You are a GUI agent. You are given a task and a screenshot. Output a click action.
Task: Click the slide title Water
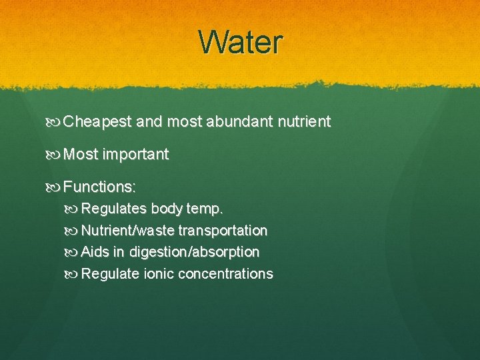[241, 42]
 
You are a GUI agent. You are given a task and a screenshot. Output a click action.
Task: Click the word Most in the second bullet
[81, 155]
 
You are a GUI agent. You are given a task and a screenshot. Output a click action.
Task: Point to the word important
[135, 155]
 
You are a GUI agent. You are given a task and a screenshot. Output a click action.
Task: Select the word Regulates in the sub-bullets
[114, 209]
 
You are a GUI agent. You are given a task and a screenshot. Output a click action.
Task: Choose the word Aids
[94, 253]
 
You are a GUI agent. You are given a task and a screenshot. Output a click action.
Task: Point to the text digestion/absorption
[195, 253]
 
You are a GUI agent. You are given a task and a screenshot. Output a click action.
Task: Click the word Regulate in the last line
[111, 274]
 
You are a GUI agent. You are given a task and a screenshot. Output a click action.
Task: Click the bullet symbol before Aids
[73, 253]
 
